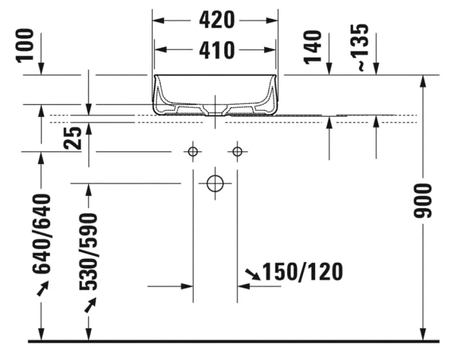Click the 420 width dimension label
216,20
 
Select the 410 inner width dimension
216,50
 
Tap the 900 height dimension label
424,201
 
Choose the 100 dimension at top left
25,47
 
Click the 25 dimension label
74,137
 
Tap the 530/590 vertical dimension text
89,251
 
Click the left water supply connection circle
193,151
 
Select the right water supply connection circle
237,151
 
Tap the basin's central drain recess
215,109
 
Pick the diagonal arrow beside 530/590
90,305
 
